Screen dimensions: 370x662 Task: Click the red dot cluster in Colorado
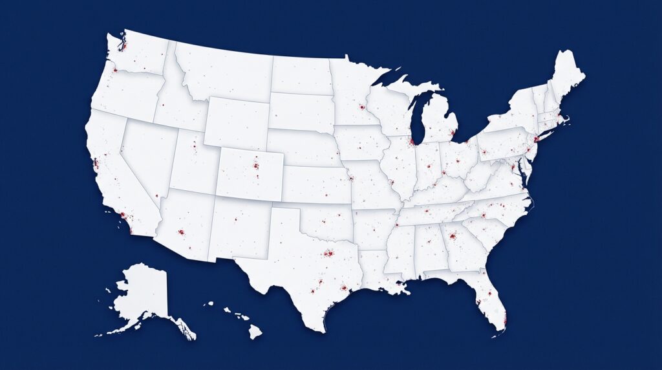[256, 168]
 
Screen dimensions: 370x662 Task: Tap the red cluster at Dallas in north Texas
[329, 254]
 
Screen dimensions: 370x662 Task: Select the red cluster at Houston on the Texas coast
[344, 288]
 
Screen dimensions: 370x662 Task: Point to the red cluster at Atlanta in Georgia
[453, 236]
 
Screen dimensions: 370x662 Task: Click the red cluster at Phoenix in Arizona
[182, 232]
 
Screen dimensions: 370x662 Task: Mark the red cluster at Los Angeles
[123, 216]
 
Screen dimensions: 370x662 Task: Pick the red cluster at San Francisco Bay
[96, 162]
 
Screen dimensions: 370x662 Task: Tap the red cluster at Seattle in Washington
[124, 47]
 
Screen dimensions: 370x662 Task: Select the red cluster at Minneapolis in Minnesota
[362, 107]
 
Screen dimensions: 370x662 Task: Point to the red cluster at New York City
[537, 138]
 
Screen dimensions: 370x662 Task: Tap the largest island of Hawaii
[255, 331]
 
